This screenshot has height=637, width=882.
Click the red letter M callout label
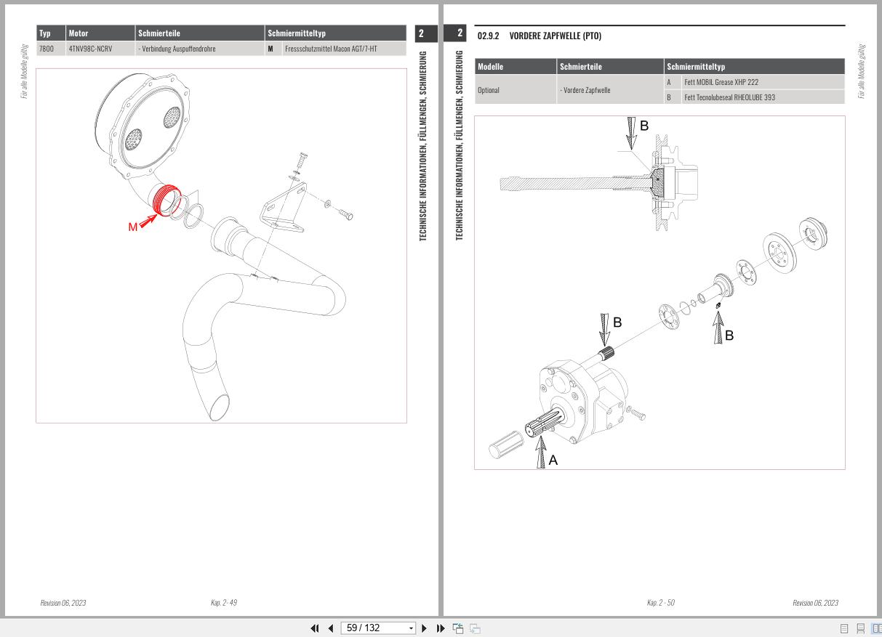pos(132,227)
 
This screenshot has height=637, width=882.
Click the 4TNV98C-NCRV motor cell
pos(90,49)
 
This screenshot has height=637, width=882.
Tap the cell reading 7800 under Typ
pos(47,49)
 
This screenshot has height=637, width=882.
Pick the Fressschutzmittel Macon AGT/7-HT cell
pos(331,49)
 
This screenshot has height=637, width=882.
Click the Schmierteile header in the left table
pos(159,33)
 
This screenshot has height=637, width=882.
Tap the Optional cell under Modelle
pos(488,90)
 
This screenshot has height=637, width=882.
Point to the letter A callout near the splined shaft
pos(553,460)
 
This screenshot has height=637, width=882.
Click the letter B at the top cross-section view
pos(644,126)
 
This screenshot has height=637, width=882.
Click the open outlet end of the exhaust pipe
pos(218,406)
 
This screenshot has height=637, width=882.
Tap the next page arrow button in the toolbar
pos(425,628)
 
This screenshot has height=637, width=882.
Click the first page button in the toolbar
pos(316,628)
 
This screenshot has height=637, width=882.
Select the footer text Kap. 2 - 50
pos(660,603)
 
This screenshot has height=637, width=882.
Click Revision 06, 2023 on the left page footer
pos(63,603)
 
